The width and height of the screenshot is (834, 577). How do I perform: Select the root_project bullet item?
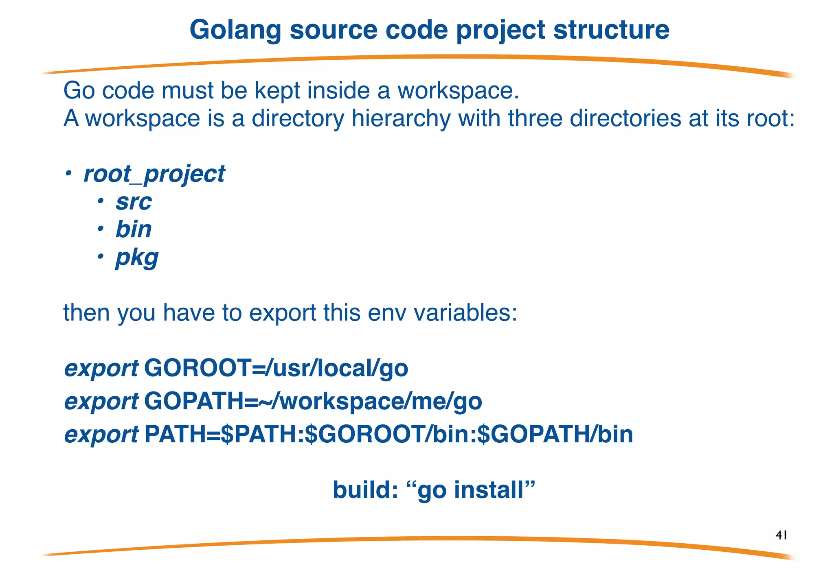tap(154, 174)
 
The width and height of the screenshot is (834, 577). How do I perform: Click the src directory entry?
tap(134, 202)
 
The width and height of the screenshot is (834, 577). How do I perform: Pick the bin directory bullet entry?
tap(134, 229)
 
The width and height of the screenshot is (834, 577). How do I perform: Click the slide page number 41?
tap(781, 535)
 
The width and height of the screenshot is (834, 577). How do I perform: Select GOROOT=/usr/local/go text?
tap(276, 368)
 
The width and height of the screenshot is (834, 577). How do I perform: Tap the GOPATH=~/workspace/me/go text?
tap(313, 401)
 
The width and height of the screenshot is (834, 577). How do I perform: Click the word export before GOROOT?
tap(101, 369)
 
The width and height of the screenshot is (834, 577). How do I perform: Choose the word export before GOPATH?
tap(101, 402)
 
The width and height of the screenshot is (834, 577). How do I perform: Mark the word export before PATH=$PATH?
tap(101, 435)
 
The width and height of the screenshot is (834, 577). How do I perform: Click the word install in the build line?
tap(488, 490)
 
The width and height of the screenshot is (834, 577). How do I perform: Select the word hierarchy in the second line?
tap(401, 118)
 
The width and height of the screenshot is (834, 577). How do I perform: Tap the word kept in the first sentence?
tap(277, 90)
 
